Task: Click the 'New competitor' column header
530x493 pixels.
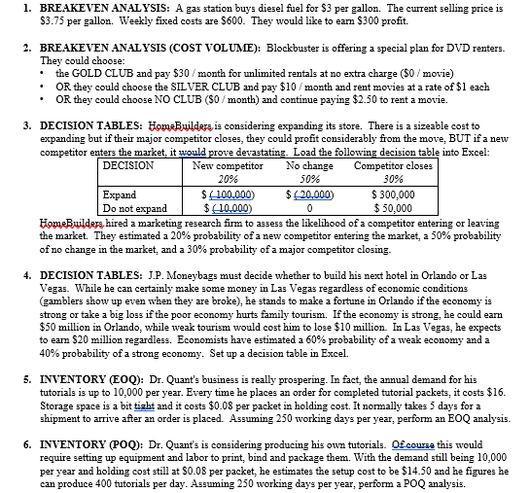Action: click(229, 166)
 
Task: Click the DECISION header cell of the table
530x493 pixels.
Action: click(128, 166)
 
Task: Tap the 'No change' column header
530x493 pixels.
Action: click(310, 166)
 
